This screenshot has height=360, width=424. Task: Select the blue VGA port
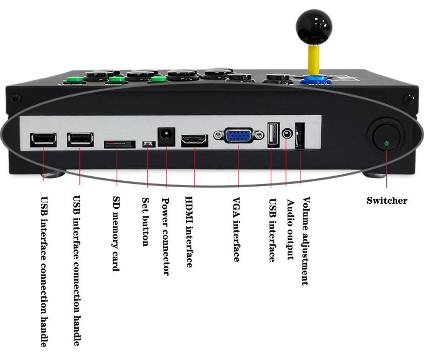tap(238, 136)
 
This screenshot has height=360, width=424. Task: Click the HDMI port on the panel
tap(194, 140)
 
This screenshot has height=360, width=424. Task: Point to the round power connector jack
tap(166, 137)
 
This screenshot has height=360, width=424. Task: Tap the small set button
tap(147, 144)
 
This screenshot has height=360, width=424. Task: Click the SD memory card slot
tap(120, 144)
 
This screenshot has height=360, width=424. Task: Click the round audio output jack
tap(287, 134)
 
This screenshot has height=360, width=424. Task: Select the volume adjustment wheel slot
tap(300, 136)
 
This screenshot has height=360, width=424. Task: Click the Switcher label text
tap(387, 201)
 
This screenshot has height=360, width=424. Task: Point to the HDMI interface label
tap(189, 232)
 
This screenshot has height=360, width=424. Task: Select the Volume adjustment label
tap(305, 241)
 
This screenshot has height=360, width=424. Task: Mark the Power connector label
tap(166, 236)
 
